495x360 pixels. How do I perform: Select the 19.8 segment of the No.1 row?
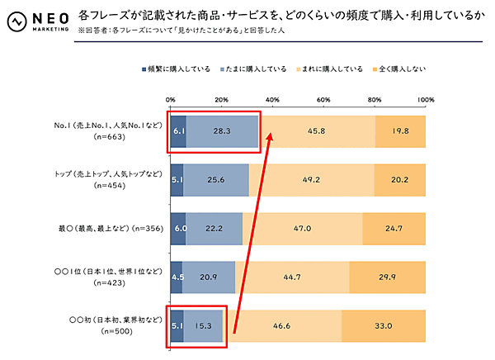coord(401,131)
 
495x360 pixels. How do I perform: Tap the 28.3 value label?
coord(220,131)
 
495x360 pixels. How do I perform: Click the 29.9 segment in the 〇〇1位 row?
coord(388,277)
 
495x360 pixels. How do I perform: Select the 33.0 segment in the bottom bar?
coord(384,327)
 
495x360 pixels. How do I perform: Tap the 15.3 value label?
coord(203,327)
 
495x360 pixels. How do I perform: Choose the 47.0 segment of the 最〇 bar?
coord(302,228)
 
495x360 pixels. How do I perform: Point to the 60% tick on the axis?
coord(323,100)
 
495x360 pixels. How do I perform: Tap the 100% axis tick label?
coord(425,100)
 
